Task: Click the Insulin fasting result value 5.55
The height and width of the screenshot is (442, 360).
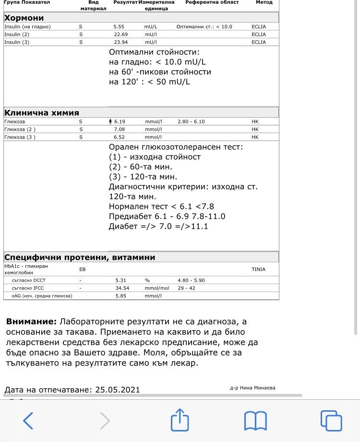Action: (119, 26)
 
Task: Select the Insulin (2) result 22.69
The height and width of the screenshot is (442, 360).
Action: (120, 34)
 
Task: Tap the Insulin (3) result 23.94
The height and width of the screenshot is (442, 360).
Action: (120, 42)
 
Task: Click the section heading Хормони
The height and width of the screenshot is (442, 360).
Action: (24, 18)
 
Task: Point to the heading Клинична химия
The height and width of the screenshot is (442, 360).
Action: (42, 113)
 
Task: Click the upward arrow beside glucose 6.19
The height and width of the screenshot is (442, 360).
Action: (111, 122)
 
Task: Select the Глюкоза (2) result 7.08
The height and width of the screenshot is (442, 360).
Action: (119, 129)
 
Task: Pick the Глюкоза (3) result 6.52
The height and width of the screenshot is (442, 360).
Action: (119, 137)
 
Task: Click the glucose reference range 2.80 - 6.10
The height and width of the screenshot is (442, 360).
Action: (191, 122)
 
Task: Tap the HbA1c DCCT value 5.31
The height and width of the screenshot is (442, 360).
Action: (120, 280)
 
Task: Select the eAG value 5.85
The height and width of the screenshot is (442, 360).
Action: (120, 295)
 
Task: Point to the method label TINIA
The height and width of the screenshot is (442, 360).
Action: (258, 270)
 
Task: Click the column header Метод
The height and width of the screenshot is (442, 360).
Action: (264, 2)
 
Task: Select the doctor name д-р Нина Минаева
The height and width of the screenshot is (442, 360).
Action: (253, 388)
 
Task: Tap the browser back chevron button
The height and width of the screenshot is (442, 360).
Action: (28, 420)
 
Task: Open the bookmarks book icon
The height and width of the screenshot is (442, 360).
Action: (255, 421)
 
